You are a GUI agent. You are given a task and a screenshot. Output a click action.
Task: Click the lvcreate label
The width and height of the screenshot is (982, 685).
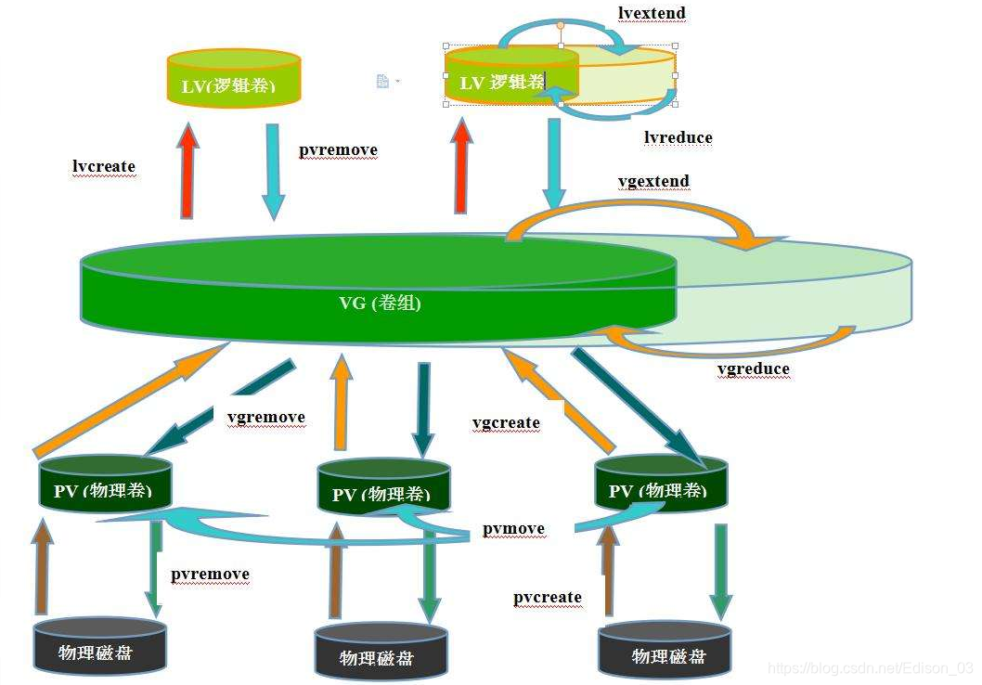tap(104, 167)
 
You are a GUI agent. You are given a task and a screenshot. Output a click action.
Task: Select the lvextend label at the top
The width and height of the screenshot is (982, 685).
tap(652, 13)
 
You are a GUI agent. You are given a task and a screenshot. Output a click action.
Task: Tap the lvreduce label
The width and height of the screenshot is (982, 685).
tap(678, 138)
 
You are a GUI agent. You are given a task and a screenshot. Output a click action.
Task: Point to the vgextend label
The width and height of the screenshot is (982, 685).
tap(653, 181)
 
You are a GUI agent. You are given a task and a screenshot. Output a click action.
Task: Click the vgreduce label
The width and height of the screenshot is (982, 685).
tap(754, 369)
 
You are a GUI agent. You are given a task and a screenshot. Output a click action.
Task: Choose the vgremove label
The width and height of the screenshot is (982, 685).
tap(265, 418)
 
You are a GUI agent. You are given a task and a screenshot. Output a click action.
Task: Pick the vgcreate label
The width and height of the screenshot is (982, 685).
tap(506, 423)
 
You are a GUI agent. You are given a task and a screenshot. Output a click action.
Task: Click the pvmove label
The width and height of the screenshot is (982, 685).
tap(513, 529)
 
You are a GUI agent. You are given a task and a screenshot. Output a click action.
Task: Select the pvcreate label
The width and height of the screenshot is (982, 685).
tap(548, 598)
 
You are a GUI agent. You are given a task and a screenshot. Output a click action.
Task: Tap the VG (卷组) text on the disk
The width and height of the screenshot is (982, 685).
tap(380, 303)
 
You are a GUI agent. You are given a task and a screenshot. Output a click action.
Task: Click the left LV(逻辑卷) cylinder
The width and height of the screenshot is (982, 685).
tap(233, 79)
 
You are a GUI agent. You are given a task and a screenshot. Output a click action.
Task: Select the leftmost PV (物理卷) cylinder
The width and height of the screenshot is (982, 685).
tap(106, 484)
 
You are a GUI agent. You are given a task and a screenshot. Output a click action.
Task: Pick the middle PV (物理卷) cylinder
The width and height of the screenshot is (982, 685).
tap(383, 487)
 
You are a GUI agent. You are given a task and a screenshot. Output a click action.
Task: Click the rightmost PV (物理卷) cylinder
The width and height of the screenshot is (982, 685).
tap(661, 484)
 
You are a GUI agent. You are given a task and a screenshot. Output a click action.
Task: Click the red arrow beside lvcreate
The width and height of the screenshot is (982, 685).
tap(188, 173)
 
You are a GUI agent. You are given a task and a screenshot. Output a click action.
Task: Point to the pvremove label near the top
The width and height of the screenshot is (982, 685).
tap(338, 150)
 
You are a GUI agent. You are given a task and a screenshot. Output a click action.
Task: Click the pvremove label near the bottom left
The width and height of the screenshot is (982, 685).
tap(210, 575)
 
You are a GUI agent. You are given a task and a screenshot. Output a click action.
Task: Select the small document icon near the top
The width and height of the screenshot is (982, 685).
tap(382, 82)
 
